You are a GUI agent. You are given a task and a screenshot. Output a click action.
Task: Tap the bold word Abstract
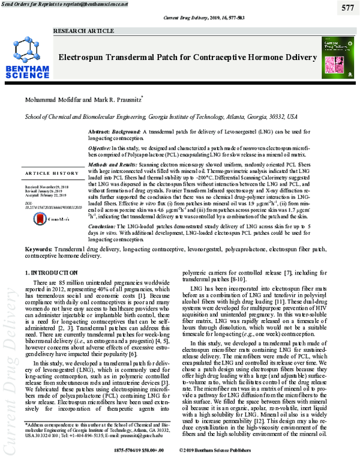[99, 131]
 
